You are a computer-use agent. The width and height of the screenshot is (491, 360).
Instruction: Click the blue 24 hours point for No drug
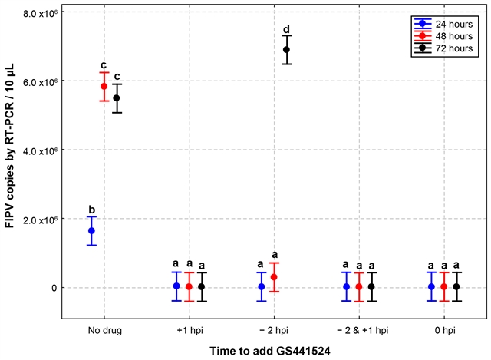pos(91,230)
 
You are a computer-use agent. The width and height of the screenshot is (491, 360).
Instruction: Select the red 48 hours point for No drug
pos(104,86)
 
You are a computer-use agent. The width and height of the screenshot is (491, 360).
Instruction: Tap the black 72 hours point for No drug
pos(117,98)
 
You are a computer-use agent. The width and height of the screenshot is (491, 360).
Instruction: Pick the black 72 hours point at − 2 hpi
pos(286,49)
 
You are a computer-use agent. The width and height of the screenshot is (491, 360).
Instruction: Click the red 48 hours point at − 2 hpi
pos(274,277)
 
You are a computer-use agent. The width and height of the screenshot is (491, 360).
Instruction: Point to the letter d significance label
pos(286,29)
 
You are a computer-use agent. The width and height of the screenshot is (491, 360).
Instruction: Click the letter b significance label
pos(92,210)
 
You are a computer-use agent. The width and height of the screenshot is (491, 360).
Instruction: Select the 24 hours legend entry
pos(443,24)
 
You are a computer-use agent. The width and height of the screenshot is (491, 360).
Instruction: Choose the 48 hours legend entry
pos(443,36)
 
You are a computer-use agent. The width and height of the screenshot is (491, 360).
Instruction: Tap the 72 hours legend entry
pos(443,48)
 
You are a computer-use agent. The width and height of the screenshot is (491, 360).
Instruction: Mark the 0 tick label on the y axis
pos(54,288)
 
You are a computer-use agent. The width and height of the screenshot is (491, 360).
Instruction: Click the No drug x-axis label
pos(105,330)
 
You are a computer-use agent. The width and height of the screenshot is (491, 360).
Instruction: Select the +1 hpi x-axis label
pos(189,330)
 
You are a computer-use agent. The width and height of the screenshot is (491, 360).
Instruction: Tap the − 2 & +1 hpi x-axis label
pos(362,330)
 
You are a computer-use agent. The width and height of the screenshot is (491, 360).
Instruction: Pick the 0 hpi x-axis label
pos(445,330)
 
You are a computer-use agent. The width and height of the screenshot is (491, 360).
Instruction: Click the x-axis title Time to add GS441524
pos(270,351)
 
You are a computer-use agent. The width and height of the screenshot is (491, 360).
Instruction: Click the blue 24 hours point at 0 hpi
pos(431,286)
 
